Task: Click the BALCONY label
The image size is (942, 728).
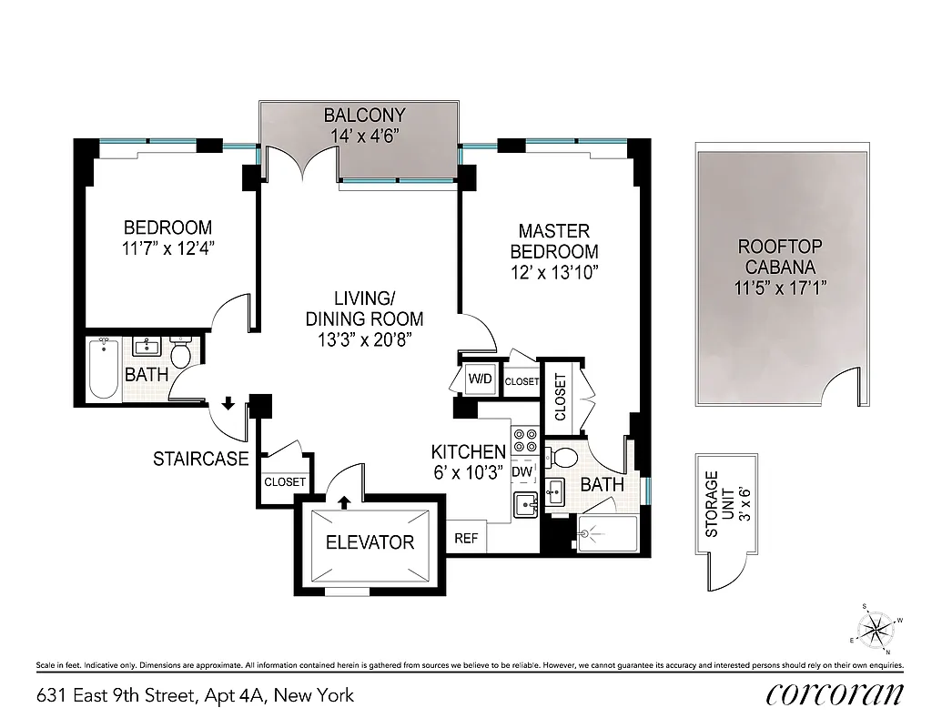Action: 364,116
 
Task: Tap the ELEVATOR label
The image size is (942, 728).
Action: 370,542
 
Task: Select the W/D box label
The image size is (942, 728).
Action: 480,379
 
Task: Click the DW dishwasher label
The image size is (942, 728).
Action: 522,472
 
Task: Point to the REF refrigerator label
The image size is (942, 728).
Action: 466,538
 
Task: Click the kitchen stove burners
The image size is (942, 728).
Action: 525,441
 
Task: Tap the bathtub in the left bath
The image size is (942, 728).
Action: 104,369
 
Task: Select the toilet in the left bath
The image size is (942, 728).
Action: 181,354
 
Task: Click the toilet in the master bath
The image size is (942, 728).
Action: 566,457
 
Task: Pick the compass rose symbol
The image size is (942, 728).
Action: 876,627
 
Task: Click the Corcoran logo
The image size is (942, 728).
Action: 835,693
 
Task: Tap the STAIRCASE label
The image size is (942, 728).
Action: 200,460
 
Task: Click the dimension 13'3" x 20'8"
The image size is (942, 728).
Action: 364,340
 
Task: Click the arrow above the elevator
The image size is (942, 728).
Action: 344,500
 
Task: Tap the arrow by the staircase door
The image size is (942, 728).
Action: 227,403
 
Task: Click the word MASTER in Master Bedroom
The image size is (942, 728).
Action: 554,232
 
